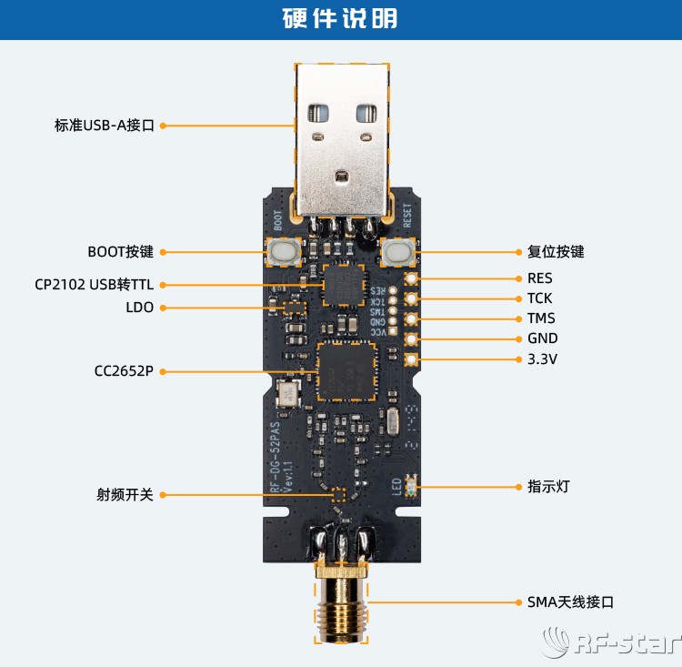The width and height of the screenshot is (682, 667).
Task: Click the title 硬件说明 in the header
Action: click(340, 19)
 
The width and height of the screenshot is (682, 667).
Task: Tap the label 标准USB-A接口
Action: click(105, 126)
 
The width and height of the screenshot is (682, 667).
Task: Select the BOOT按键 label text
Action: click(121, 252)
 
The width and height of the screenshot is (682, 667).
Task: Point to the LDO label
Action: click(139, 308)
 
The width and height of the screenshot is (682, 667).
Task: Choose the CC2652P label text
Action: click(124, 371)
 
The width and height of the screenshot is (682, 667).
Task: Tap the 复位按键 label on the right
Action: click(556, 252)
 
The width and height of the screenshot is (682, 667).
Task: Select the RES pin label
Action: click(539, 278)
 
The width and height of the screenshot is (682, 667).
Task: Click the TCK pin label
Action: click(539, 298)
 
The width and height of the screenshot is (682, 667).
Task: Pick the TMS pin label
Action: click(540, 318)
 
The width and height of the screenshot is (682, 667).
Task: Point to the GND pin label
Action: click(542, 339)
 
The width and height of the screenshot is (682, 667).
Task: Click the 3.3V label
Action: click(542, 359)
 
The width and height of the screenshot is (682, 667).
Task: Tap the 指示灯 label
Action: click(548, 487)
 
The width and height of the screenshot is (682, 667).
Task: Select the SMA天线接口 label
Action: click(570, 602)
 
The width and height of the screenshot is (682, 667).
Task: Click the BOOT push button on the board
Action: click(285, 252)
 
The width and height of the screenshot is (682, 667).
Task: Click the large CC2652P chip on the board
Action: click(346, 371)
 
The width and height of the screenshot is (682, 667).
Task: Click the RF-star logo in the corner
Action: click(610, 644)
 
